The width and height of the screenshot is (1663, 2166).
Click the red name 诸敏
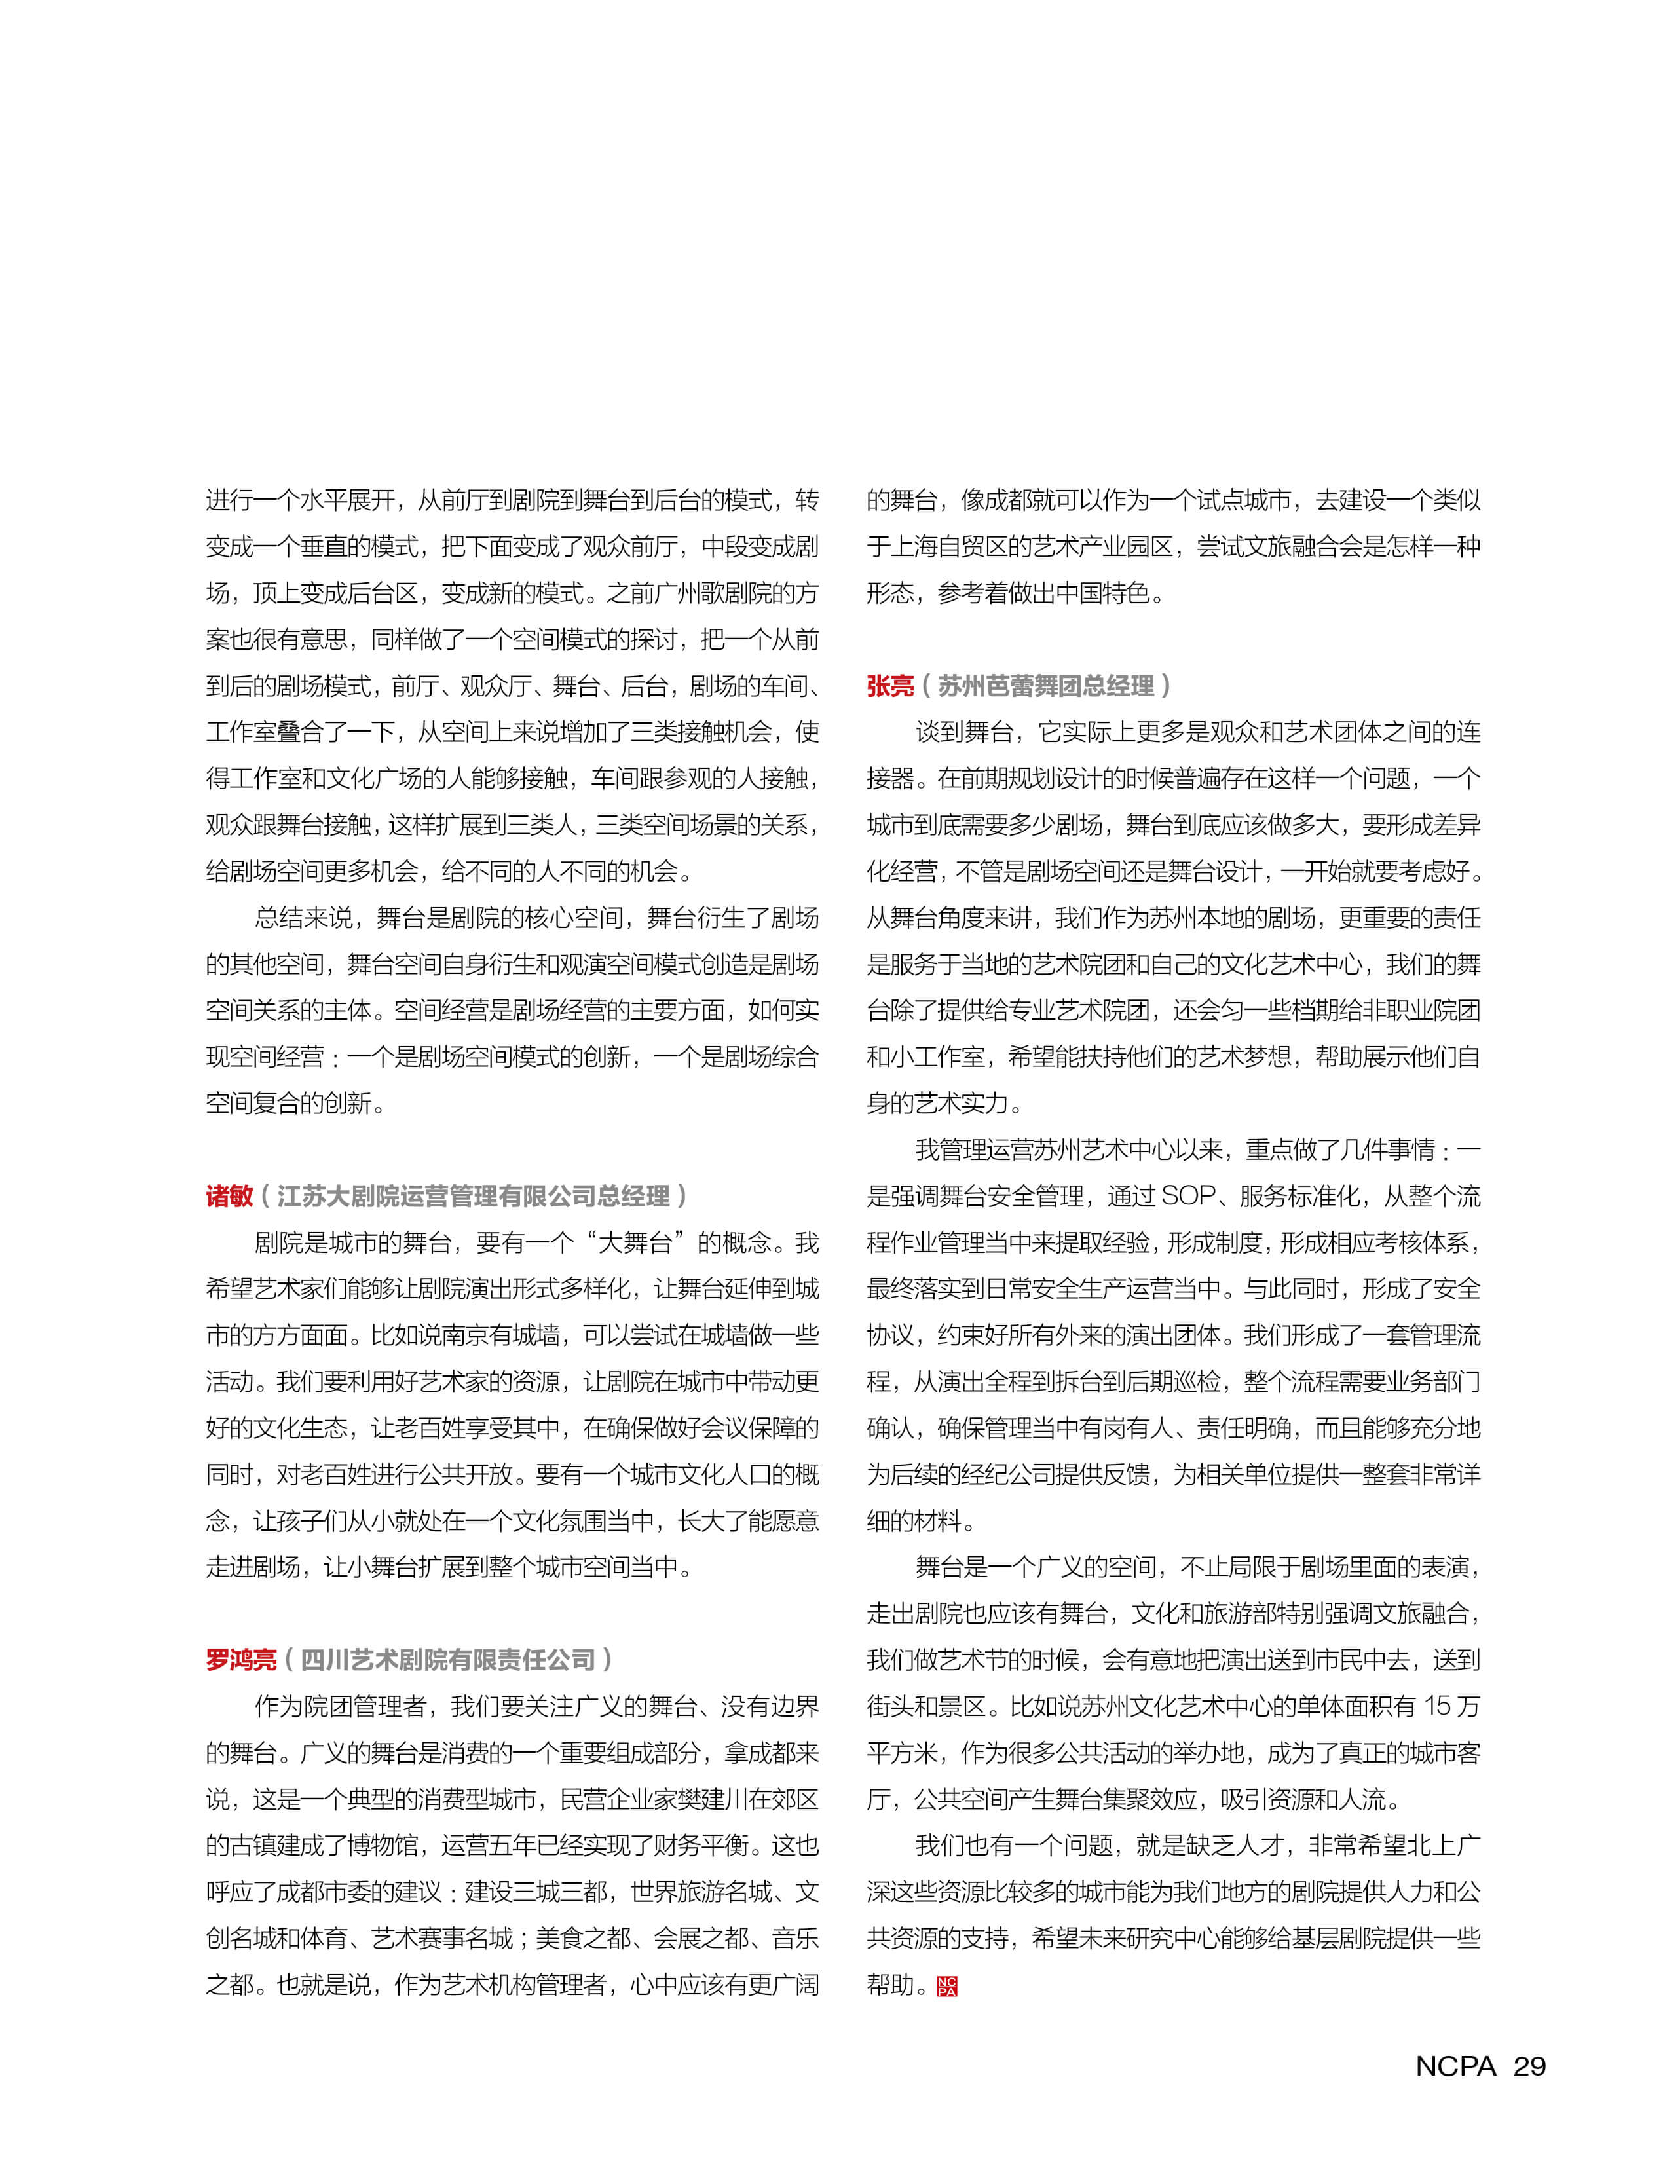[x=230, y=1196]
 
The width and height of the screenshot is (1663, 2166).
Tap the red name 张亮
[x=890, y=686]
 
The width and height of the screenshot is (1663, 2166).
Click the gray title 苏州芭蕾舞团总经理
[x=1046, y=686]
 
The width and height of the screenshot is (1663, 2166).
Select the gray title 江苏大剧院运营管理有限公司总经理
[x=473, y=1196]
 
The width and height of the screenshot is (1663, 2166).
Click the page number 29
[x=1529, y=2066]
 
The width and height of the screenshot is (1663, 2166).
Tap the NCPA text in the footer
[x=1455, y=2066]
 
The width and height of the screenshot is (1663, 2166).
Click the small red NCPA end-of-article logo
[x=947, y=1986]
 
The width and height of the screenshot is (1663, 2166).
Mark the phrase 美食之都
[x=582, y=1938]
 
